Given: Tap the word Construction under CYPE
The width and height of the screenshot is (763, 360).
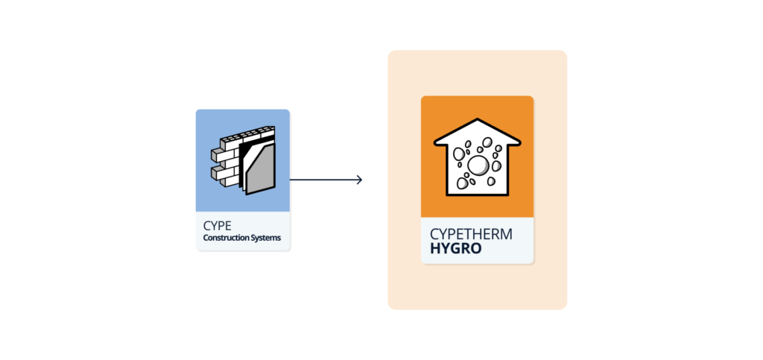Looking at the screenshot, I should click(226, 239).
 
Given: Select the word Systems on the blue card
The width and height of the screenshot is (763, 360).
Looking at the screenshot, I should click(267, 239).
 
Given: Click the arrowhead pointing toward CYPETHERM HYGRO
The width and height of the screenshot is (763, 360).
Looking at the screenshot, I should click(359, 180).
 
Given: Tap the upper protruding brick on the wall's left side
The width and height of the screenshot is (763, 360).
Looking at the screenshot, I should click(216, 154).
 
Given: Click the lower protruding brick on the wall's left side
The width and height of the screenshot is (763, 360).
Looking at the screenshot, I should click(216, 174).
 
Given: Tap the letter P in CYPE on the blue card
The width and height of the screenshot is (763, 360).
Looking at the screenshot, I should click(219, 225).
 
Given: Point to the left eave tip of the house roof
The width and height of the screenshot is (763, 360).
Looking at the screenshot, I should click(437, 139).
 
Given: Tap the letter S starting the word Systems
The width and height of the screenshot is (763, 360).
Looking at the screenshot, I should click(253, 239).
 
